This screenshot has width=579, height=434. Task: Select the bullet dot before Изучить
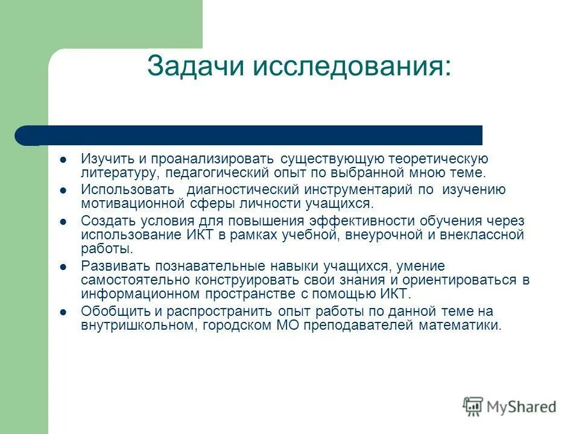tap(63, 160)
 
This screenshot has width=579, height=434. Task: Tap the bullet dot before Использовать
tap(63, 190)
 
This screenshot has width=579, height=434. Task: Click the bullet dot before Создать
tap(63, 221)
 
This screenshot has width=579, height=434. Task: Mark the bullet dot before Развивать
tap(63, 266)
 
